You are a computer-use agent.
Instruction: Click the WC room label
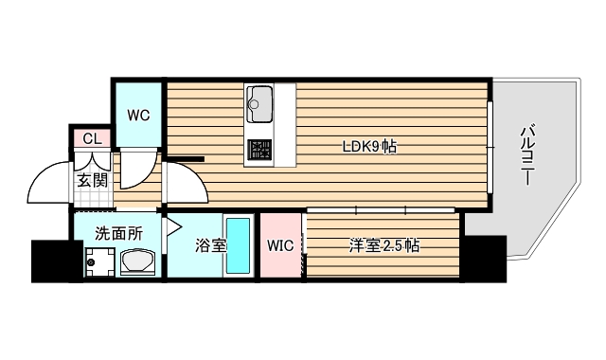pyautogui.click(x=139, y=116)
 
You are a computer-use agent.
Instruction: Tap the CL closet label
pyautogui.click(x=91, y=139)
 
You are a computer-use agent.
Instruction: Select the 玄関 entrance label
pyautogui.click(x=93, y=181)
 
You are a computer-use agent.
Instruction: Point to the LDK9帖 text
pyautogui.click(x=369, y=146)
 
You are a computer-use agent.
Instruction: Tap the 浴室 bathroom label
pyautogui.click(x=210, y=246)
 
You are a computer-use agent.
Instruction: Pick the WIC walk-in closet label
pyautogui.click(x=280, y=246)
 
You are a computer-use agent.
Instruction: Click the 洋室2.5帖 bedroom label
pyautogui.click(x=383, y=246)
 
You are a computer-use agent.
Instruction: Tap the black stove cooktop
pyautogui.click(x=258, y=150)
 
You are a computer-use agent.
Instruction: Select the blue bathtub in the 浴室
pyautogui.click(x=238, y=246)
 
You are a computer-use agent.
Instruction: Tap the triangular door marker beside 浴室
pyautogui.click(x=173, y=227)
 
